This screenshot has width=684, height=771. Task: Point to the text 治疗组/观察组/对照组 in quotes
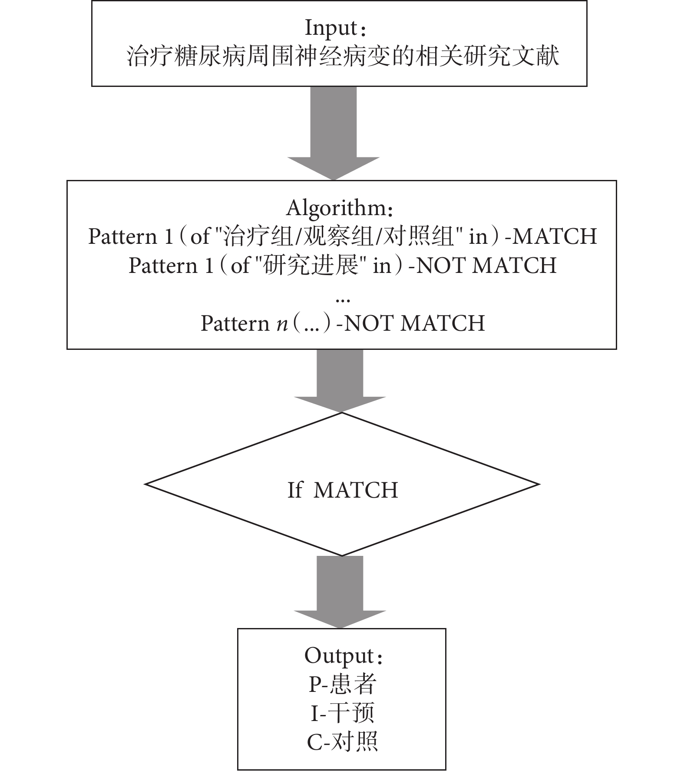pyautogui.click(x=338, y=236)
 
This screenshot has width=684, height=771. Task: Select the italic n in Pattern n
pyautogui.click(x=282, y=324)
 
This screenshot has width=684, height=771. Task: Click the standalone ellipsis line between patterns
pyautogui.click(x=343, y=299)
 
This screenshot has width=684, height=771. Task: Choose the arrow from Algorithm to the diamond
pyautogui.click(x=340, y=381)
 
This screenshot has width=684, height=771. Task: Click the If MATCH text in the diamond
pyautogui.click(x=343, y=490)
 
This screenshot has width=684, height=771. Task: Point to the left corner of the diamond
pyautogui.click(x=145, y=484)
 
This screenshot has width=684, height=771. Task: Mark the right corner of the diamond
pyautogui.click(x=539, y=484)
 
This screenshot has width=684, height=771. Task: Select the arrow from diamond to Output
pyautogui.click(x=340, y=592)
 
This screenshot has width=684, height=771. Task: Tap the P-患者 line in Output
pyautogui.click(x=342, y=685)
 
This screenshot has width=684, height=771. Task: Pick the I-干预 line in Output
pyautogui.click(x=342, y=714)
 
